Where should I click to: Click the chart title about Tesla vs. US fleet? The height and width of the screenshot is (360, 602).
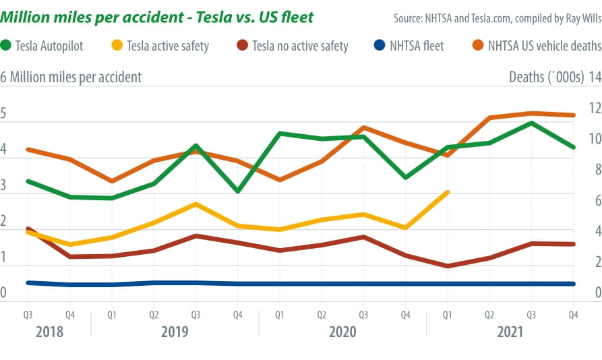click(159, 16)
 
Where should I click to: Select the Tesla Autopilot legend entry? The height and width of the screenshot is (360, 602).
click(51, 46)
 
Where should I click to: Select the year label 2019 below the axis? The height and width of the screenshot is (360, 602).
click(175, 332)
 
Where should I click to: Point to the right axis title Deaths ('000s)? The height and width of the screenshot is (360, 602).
click(546, 77)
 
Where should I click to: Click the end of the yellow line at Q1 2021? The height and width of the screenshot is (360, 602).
click(448, 192)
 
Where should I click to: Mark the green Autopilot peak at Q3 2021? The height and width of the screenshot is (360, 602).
click(531, 123)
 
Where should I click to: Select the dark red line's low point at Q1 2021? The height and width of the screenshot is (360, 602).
click(448, 266)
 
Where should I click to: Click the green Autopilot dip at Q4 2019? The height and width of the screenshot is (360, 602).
click(237, 191)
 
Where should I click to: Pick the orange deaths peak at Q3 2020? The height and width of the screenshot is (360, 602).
click(363, 127)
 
